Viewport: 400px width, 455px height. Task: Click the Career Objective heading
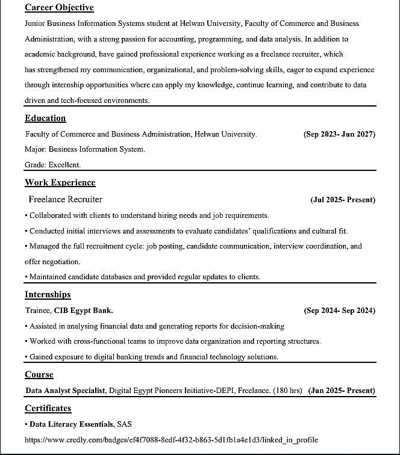[x=59, y=8]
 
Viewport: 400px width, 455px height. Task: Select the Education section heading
[x=45, y=118]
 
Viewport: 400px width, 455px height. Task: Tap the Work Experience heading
[x=60, y=182]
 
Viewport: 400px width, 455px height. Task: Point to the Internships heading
[x=48, y=294]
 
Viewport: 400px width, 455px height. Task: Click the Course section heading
[x=39, y=374]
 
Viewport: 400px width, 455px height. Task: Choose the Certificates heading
[x=48, y=408]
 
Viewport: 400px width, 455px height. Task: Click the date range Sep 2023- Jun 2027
[x=339, y=134]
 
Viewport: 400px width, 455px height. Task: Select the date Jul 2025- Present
[x=343, y=200]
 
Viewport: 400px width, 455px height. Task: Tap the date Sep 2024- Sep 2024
[x=339, y=311]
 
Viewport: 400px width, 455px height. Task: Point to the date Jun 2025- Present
[x=342, y=391]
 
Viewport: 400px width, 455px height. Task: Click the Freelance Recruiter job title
[x=65, y=199]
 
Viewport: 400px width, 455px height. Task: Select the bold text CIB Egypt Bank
[x=83, y=311]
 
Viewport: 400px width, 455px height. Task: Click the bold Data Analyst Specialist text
[x=66, y=391]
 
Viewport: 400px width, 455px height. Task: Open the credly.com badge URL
[x=171, y=440]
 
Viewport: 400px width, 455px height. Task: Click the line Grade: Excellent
[x=52, y=164]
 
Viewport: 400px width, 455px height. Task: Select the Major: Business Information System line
[x=84, y=149]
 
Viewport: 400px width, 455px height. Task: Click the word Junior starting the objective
[x=36, y=23]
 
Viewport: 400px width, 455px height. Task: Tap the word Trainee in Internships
[x=37, y=311]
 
